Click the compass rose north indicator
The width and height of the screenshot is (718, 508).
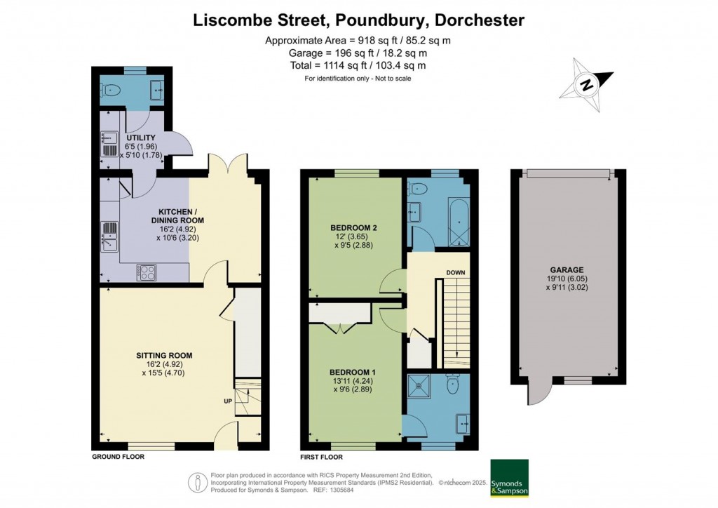(x=586, y=86)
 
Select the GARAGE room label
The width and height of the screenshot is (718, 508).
(x=567, y=269)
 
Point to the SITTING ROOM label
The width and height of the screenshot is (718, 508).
(x=164, y=356)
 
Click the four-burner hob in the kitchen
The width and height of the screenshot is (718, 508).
(x=146, y=272)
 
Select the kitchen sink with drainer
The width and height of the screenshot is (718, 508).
(x=110, y=236)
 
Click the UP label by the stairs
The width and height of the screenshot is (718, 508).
(x=228, y=402)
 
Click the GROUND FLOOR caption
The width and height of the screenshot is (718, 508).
(x=118, y=456)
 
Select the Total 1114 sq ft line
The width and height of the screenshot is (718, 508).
(x=358, y=65)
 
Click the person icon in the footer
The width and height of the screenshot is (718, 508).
(x=198, y=482)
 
